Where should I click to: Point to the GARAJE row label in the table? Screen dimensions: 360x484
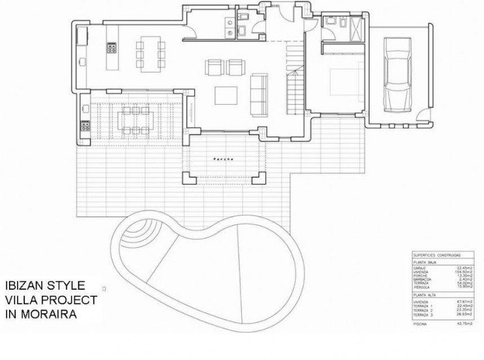(419, 267)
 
